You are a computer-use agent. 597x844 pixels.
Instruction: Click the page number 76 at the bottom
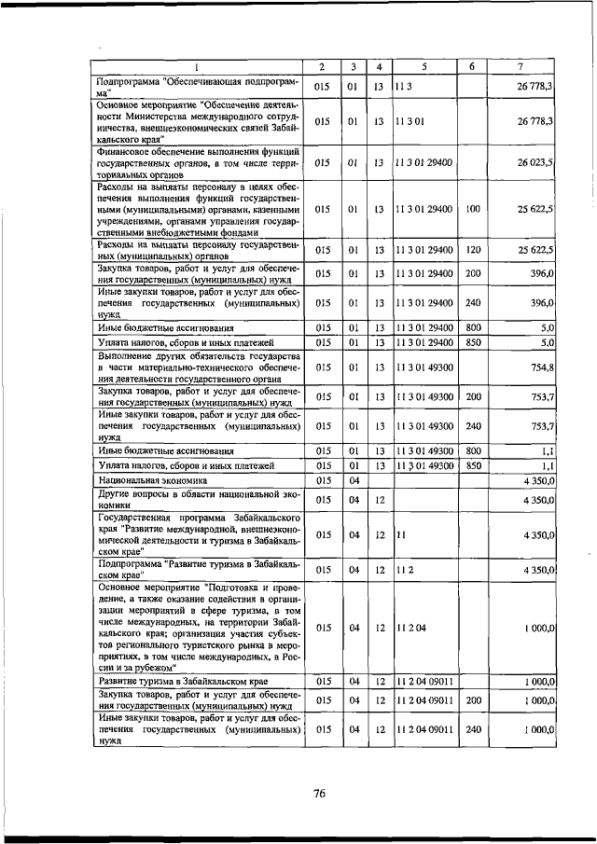[318, 794]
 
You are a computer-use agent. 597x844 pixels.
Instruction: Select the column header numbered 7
[521, 66]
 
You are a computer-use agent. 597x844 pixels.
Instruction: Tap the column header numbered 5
[423, 66]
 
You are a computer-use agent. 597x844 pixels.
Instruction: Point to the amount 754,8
[542, 367]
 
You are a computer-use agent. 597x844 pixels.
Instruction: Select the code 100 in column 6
[472, 209]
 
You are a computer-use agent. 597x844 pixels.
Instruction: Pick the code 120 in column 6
[472, 250]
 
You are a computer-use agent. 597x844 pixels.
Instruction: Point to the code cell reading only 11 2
[402, 569]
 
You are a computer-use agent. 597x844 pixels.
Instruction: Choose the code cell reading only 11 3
[402, 87]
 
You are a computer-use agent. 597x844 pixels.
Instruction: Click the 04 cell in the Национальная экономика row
[354, 480]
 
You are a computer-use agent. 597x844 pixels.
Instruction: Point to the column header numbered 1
[198, 66]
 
